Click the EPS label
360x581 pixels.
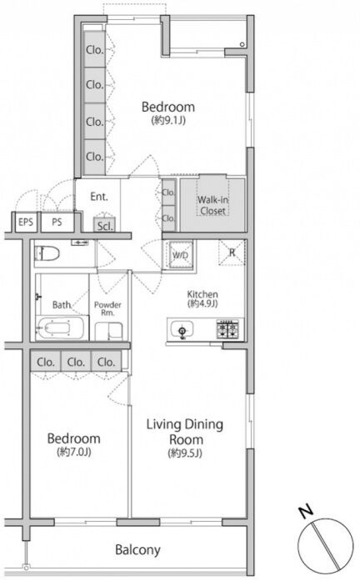pyautogui.click(x=26, y=223)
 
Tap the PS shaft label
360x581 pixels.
pyautogui.click(x=57, y=223)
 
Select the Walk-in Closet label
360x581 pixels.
pyautogui.click(x=212, y=205)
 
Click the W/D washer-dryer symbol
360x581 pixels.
pyautogui.click(x=180, y=255)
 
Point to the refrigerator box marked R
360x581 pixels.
pyautogui.click(x=232, y=253)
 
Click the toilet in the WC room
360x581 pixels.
pyautogui.click(x=47, y=254)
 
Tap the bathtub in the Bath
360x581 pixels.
pyautogui.click(x=59, y=328)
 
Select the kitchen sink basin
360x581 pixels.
pyautogui.click(x=182, y=329)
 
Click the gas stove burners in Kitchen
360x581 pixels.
pyautogui.click(x=227, y=329)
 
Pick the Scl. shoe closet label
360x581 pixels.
pyautogui.click(x=104, y=226)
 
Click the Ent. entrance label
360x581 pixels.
pyautogui.click(x=99, y=197)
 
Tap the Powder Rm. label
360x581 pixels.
pyautogui.click(x=107, y=308)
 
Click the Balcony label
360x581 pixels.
pyautogui.click(x=137, y=549)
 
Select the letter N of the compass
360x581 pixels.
pyautogui.click(x=306, y=512)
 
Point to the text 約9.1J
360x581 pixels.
pyautogui.click(x=167, y=120)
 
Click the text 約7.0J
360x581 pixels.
pyautogui.click(x=74, y=452)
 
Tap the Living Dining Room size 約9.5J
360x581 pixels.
pyautogui.click(x=185, y=453)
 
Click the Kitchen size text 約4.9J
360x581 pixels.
pyautogui.click(x=202, y=303)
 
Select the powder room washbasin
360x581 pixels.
pyautogui.click(x=108, y=331)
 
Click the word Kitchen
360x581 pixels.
pyautogui.click(x=202, y=294)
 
